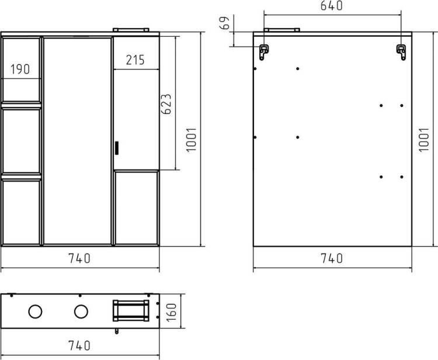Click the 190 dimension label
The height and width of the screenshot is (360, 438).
(20, 69)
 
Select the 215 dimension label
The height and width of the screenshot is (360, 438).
(135, 60)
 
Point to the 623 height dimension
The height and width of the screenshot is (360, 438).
(167, 103)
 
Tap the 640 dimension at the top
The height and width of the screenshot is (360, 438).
(331, 6)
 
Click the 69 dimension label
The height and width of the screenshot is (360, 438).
(225, 23)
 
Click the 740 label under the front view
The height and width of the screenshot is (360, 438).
(79, 258)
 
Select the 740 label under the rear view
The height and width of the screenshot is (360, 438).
(332, 258)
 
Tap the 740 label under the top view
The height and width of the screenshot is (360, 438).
(79, 345)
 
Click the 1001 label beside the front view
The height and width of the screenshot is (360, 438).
(192, 140)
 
